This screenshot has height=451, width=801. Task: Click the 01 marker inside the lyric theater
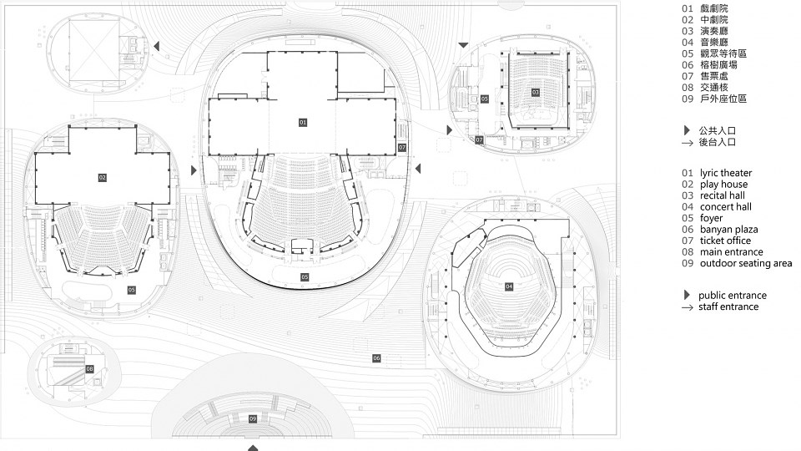tap(303, 122)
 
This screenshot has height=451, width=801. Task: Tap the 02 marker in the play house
tap(102, 177)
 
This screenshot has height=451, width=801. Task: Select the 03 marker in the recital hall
tap(536, 93)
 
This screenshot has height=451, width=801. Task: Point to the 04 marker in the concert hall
tap(509, 286)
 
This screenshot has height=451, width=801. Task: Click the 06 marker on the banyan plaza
tap(376, 358)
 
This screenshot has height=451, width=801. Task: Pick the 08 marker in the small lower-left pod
tap(90, 368)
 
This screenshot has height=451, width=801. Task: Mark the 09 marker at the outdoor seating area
tap(253, 418)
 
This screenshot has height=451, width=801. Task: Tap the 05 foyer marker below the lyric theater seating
tap(305, 276)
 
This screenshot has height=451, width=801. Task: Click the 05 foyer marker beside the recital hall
tap(484, 99)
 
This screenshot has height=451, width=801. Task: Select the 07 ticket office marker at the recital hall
tap(479, 139)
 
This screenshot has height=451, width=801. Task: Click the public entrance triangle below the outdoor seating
tap(253, 448)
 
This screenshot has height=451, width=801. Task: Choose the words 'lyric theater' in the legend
tap(726, 173)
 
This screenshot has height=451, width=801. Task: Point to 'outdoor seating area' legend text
tap(746, 263)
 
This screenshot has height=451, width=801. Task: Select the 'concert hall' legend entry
tap(725, 206)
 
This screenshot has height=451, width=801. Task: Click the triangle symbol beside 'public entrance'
tap(687, 295)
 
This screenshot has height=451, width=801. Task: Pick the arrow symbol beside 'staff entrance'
tap(688, 307)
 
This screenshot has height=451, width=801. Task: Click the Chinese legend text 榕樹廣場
tap(718, 65)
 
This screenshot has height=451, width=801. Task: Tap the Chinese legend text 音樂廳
tap(714, 43)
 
